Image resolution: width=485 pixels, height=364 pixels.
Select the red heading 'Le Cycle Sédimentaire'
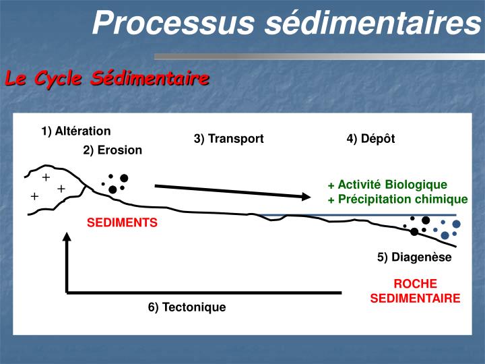pos(107,79)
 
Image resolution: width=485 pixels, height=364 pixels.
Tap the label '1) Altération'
pos(75,131)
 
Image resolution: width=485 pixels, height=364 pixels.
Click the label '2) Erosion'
pos(112,150)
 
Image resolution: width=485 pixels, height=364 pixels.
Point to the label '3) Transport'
pos(228,139)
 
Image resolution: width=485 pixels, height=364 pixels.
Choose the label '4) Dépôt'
pos(370,139)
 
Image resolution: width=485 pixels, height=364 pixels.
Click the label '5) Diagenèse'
pos(414,257)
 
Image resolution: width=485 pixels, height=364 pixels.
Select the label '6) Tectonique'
pos(187,307)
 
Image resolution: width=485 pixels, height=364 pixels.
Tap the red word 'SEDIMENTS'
pos(122,222)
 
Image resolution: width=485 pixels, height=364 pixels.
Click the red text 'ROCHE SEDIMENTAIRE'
pos(415,291)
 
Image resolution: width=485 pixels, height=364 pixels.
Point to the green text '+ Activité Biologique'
pos(387,185)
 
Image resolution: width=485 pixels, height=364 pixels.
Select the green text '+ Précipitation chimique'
pos(397,199)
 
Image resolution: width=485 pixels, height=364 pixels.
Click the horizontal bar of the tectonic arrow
pos(202,293)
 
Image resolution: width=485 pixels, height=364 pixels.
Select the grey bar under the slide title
pos(317,57)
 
